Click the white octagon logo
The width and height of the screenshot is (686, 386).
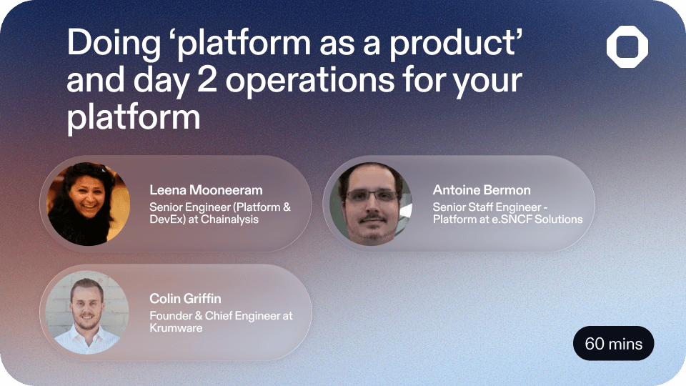coord(627,48)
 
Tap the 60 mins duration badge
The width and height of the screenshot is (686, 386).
coord(613,344)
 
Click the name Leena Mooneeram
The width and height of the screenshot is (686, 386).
coord(206,190)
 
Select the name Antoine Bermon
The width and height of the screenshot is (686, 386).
coord(482,190)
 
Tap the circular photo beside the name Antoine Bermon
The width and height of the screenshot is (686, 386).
coord(371,204)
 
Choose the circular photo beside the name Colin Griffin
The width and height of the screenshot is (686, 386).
coord(87,313)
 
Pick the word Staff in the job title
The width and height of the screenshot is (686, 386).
coord(489,207)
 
